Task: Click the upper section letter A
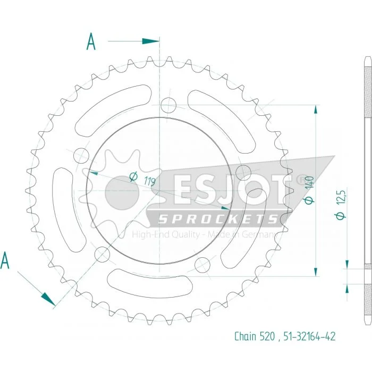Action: point(91,41)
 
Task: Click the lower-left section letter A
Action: point(5,260)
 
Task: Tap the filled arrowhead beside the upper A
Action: point(150,41)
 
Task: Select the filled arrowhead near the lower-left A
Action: point(48,299)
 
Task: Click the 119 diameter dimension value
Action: point(150,182)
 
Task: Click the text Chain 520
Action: point(255,336)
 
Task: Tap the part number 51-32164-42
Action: point(309,336)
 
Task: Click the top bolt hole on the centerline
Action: point(168,105)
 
